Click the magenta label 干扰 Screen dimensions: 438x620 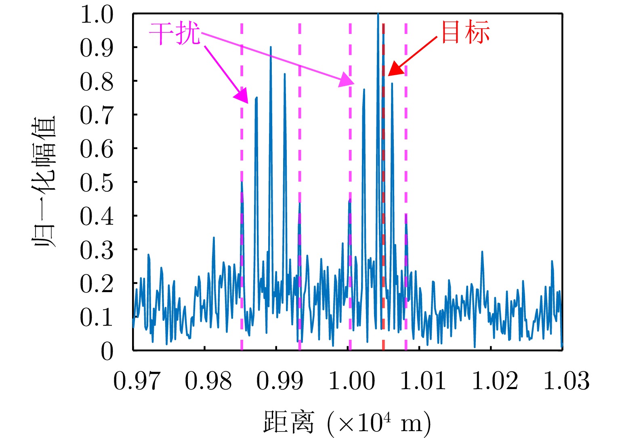click(x=174, y=33)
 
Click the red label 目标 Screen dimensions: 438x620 click(x=465, y=32)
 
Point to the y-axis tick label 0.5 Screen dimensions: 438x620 click(x=96, y=183)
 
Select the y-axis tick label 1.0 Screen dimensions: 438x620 click(x=96, y=15)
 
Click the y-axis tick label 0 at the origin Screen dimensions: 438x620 click(x=107, y=352)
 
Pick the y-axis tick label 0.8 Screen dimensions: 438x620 click(x=96, y=82)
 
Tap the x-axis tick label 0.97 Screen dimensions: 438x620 click(x=137, y=381)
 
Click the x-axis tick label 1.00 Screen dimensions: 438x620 click(x=351, y=381)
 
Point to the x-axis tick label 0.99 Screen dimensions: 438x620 click(x=280, y=381)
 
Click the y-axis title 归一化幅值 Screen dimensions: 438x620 click(x=44, y=183)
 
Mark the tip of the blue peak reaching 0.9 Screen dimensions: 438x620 click(x=271, y=47)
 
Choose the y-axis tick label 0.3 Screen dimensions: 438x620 click(x=96, y=251)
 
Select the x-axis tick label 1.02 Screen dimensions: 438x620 click(x=495, y=381)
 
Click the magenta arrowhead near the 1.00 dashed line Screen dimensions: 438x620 click(x=347, y=81)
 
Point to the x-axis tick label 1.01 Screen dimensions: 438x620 click(x=423, y=381)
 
